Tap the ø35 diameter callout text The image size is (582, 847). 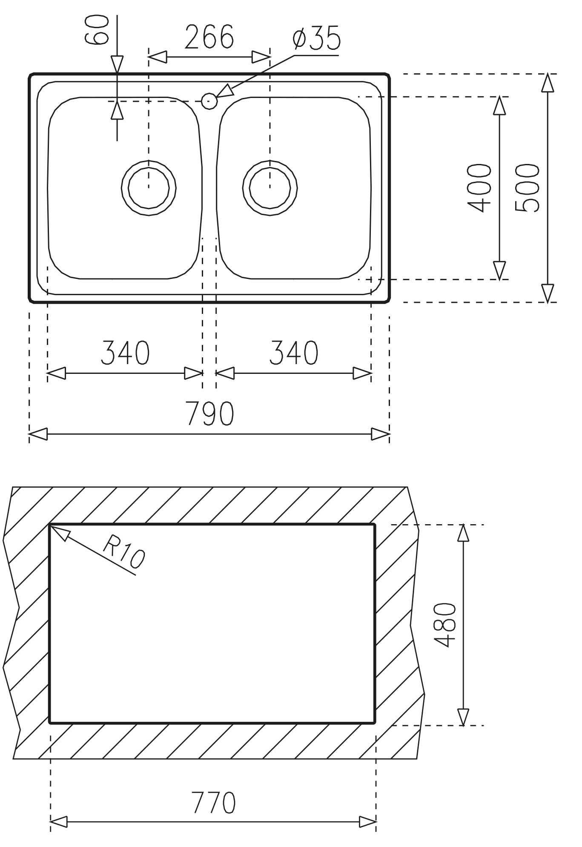[x=317, y=38]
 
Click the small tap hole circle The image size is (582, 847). [x=209, y=101]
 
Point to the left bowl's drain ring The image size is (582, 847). [x=149, y=188]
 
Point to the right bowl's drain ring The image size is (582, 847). [x=270, y=188]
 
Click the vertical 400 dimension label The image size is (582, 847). [x=479, y=188]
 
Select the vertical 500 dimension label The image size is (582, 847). [x=527, y=188]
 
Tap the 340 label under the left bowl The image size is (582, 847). [x=125, y=353]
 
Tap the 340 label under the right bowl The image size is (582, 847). [x=294, y=353]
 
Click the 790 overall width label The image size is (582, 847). [x=210, y=414]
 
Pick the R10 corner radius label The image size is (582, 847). [x=124, y=552]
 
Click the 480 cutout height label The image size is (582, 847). [x=445, y=625]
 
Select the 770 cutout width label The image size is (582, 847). [x=213, y=803]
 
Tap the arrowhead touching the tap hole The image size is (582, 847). [x=226, y=92]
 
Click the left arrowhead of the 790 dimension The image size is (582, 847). [x=38, y=434]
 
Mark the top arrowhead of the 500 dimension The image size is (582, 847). [x=548, y=83]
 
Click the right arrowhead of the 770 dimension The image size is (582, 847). [x=367, y=821]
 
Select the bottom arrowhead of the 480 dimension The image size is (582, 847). [x=463, y=717]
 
